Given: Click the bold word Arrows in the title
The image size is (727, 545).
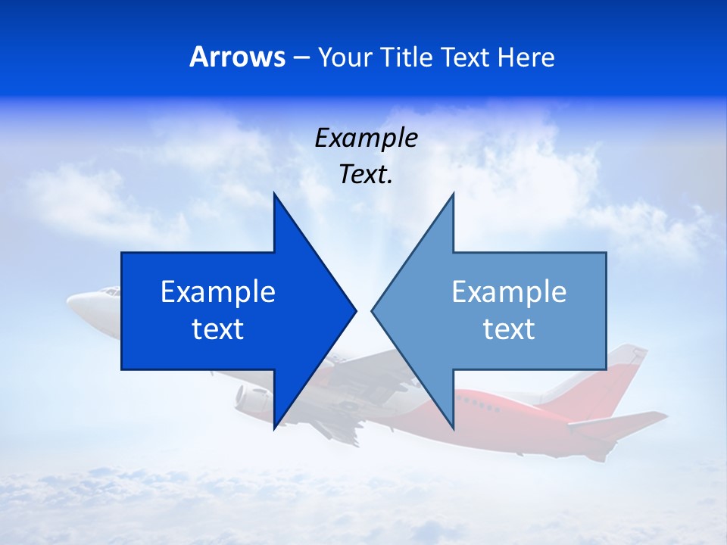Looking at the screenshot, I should coord(237,57).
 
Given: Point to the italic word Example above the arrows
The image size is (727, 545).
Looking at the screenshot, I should coord(366,139).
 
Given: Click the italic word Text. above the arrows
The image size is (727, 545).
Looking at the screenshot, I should coord(366,175).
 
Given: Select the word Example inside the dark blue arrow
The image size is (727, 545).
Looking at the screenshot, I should coord(218,292).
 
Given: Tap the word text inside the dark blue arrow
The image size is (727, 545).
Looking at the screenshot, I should coord(218,329).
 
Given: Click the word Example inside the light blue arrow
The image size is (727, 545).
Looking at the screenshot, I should coord(509,292).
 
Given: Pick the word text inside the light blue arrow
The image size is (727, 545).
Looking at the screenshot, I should coord(509,329).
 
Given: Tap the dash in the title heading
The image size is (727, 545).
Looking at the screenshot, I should coord(301,58).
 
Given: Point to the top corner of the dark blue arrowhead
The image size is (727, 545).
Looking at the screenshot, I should coord(274,194).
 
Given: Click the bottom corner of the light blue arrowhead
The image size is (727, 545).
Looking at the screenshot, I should coord(453,428).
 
